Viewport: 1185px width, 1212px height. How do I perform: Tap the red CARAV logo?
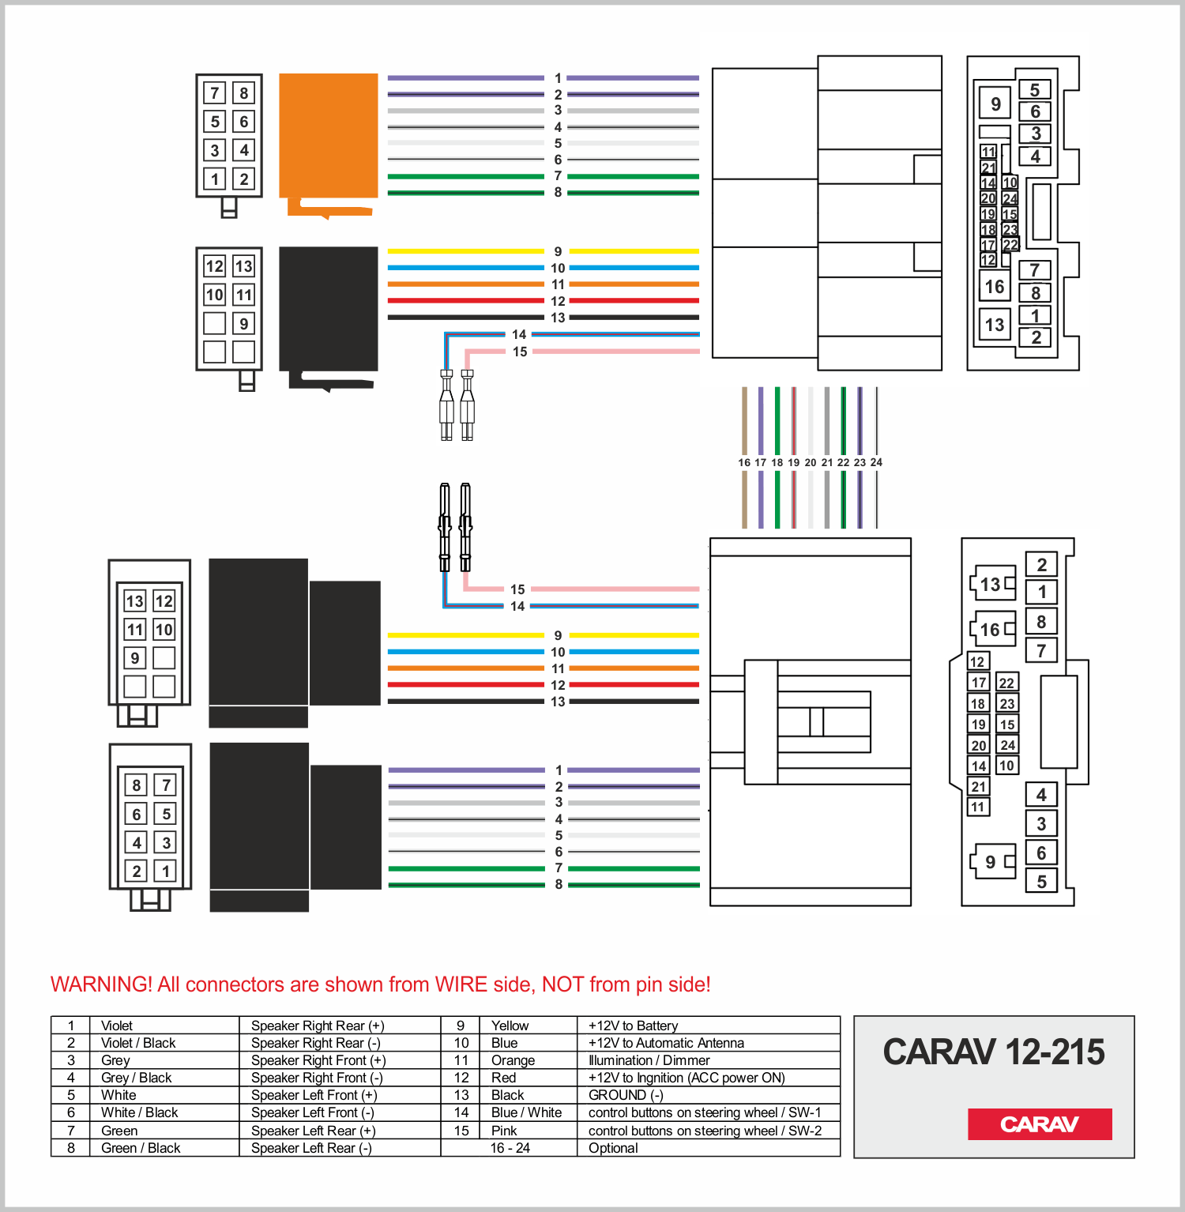1040,1124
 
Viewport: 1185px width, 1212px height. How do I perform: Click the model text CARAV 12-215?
994,1052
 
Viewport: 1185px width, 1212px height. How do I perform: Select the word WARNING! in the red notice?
101,984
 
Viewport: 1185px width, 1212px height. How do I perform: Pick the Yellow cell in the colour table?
510,1026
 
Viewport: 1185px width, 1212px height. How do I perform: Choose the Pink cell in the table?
504,1131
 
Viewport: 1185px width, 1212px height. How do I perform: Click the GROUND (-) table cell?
626,1095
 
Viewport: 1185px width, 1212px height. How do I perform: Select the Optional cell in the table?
613,1148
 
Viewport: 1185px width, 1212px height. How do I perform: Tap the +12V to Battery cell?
633,1026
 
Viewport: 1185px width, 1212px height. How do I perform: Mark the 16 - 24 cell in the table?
510,1148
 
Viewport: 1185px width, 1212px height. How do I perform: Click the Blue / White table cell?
526,1112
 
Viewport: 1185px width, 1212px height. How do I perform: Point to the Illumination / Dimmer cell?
649,1060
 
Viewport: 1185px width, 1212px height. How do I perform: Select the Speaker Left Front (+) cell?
314,1095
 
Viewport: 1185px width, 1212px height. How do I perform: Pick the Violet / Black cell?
138,1043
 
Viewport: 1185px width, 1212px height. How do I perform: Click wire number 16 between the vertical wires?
744,462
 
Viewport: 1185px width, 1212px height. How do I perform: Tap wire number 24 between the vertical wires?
876,462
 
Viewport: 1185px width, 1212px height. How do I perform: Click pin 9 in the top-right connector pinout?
995,104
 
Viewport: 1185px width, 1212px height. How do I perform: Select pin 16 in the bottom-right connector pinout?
991,630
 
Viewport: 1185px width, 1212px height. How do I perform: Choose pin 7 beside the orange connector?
215,93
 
